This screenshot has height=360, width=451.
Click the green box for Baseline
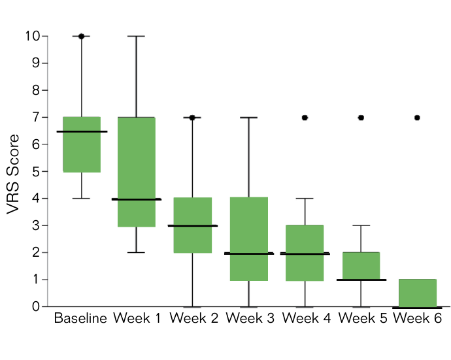point(82,144)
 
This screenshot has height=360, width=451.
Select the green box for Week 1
point(137,172)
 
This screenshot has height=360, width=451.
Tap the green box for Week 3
point(249,239)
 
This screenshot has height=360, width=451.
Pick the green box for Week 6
point(418,293)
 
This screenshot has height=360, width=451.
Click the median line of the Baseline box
point(82,132)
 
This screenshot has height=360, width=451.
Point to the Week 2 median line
point(193,225)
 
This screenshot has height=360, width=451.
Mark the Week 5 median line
point(361,280)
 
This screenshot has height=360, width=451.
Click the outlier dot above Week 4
point(305,118)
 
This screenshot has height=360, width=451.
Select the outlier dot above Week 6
point(418,118)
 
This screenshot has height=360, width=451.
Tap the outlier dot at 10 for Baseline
point(82,36)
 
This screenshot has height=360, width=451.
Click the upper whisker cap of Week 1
point(137,36)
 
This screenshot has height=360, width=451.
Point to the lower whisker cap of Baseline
point(82,199)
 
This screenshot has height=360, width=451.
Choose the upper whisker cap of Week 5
point(361,225)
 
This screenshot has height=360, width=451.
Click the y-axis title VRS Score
point(13,174)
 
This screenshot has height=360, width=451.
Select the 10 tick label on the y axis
point(33,36)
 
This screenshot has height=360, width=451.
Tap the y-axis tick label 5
point(36,171)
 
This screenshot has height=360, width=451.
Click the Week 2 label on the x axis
point(194,318)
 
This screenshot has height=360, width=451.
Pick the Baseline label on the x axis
point(80,318)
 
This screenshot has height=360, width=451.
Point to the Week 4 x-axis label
point(307,318)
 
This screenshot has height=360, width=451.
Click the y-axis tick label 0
point(36,306)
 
